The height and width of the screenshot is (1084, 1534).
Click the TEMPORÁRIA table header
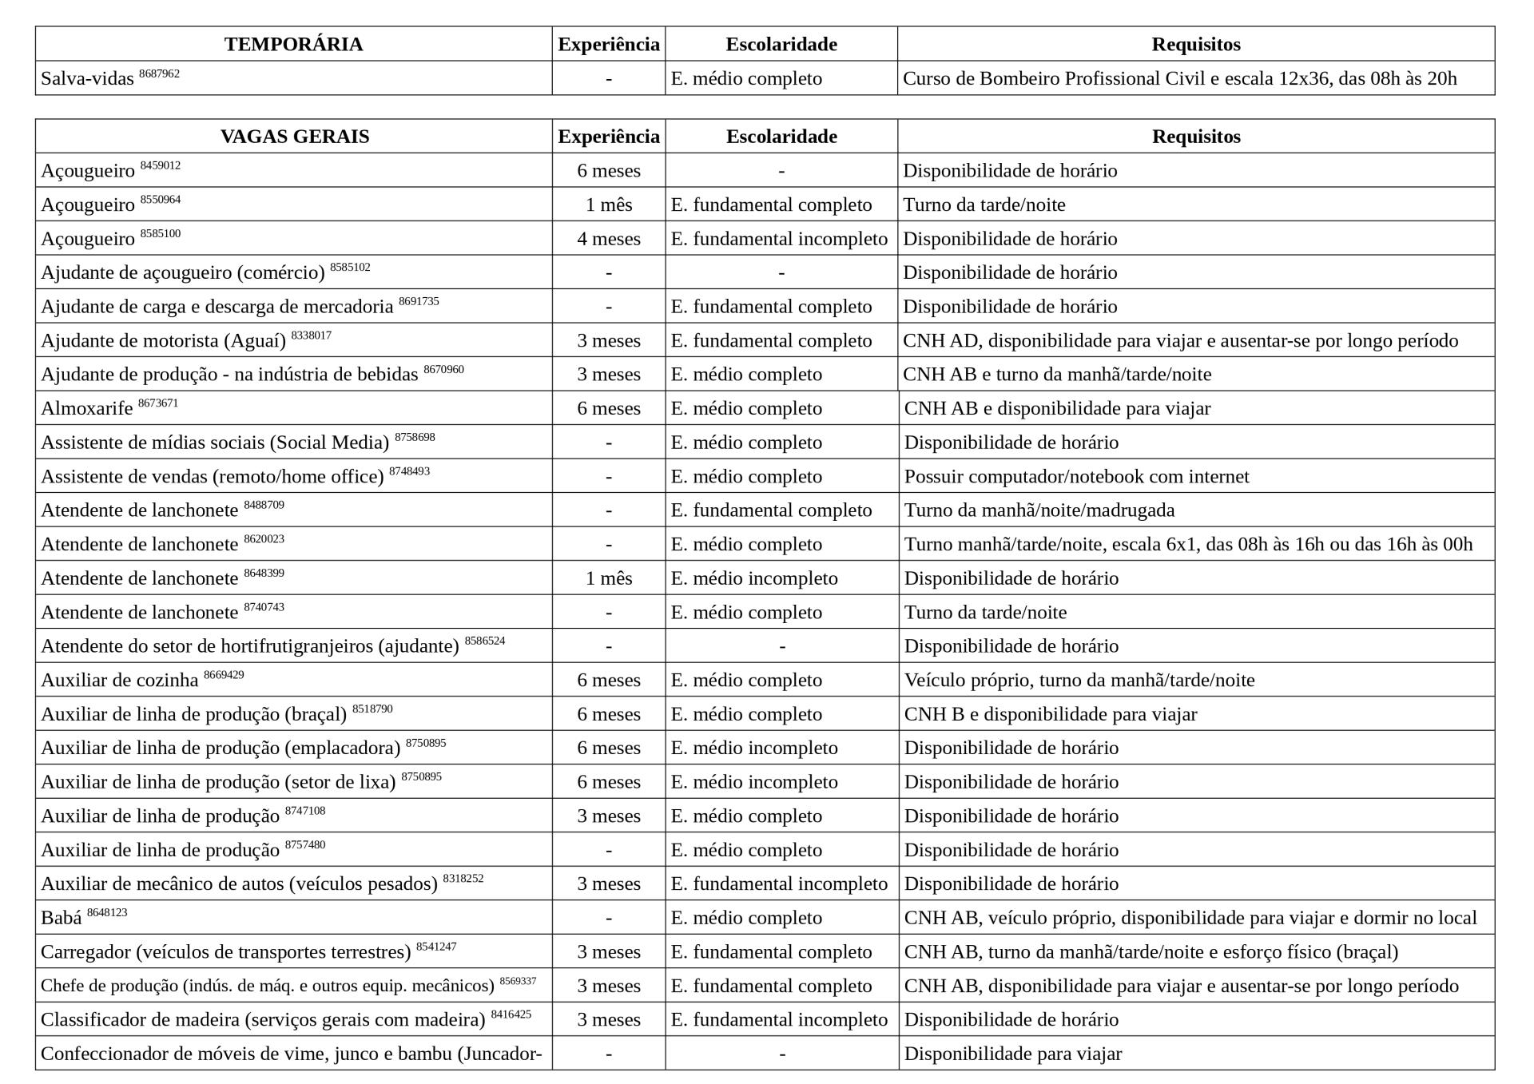293,44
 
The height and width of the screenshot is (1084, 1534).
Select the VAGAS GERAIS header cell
294,137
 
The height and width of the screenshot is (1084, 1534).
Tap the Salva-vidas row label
87,79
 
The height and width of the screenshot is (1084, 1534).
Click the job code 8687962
159,73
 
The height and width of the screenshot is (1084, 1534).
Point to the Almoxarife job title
87,409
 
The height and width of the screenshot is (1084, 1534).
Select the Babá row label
62,919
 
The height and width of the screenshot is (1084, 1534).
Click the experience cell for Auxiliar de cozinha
608,681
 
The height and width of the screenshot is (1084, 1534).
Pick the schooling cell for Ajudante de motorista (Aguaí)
771,341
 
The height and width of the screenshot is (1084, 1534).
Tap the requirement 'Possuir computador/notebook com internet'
1076,477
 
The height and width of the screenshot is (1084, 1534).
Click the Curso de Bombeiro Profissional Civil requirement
1179,79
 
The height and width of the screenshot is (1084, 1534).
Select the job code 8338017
311,336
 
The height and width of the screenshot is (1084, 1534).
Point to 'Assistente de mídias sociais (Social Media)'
215,443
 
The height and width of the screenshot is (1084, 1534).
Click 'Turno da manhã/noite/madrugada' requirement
1039,510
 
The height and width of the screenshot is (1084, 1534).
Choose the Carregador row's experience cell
608,952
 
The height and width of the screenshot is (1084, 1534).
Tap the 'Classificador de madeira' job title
263,1020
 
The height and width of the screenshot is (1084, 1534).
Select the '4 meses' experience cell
608,239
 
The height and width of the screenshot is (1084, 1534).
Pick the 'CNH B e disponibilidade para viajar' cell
1050,714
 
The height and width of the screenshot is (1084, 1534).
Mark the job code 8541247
436,947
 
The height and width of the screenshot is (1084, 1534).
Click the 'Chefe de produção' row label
267,987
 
